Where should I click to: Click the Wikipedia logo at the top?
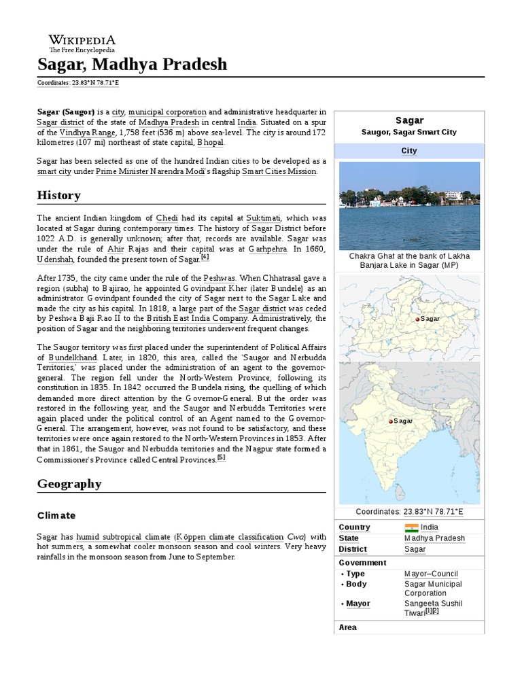click(x=82, y=43)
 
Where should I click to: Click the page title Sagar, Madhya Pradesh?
click(x=132, y=65)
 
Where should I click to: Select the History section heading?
click(x=58, y=196)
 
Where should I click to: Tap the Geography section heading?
click(x=69, y=484)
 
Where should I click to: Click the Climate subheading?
click(x=56, y=516)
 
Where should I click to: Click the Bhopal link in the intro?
click(x=210, y=143)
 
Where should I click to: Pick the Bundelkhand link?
click(x=73, y=357)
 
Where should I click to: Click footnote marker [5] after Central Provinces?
click(x=221, y=458)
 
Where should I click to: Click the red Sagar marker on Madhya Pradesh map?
click(x=416, y=319)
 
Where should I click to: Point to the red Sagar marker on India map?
click(x=390, y=421)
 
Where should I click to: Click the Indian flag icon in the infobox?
click(x=411, y=527)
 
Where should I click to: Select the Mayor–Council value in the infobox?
click(x=431, y=574)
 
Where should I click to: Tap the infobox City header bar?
click(x=409, y=151)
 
